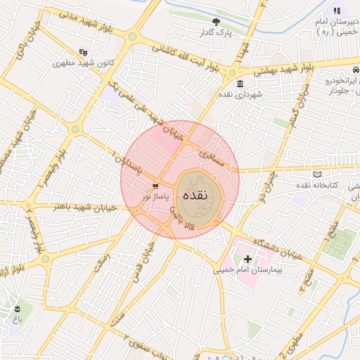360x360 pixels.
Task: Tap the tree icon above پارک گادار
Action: [215, 22]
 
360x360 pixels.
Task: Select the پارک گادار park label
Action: [215, 32]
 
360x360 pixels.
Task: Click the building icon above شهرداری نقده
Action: [240, 84]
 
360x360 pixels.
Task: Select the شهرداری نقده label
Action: [240, 94]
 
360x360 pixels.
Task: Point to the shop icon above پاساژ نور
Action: [155, 186]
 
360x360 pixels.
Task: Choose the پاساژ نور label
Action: [155, 197]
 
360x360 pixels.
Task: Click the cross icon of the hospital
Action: [247, 259]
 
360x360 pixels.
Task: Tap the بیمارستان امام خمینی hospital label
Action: [247, 269]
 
